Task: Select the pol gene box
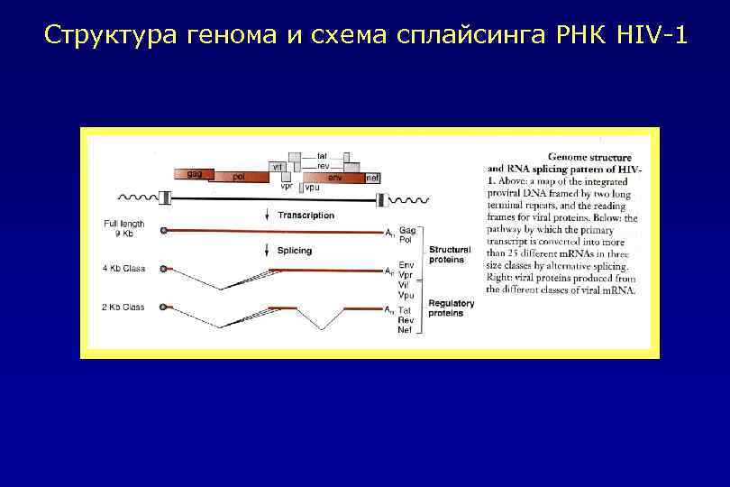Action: pos(239,178)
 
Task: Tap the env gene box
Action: pos(334,178)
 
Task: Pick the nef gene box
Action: pos(372,179)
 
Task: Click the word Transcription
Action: pos(306,216)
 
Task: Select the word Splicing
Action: pos(295,250)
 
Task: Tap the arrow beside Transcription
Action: pos(267,216)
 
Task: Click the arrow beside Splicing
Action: pos(267,251)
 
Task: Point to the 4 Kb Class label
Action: pos(123,268)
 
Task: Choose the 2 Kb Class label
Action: pos(123,308)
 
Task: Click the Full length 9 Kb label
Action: pos(123,228)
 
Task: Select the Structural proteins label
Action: pos(447,254)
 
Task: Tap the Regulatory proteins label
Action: pos(451,308)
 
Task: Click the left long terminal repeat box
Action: pos(165,199)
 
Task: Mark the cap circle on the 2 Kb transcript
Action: pos(163,308)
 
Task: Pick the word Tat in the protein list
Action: pos(405,309)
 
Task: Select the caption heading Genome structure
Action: pos(589,157)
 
